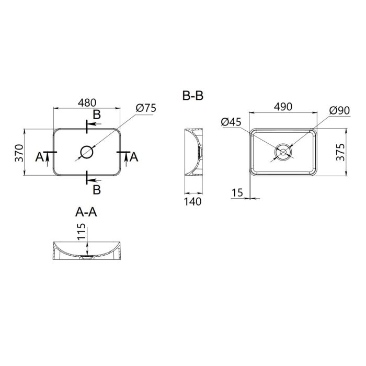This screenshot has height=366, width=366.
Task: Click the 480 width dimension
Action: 87,104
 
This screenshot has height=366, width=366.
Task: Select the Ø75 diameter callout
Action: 146,108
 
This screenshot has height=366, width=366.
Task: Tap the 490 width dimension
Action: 282,106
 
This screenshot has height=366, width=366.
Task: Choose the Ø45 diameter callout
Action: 231,122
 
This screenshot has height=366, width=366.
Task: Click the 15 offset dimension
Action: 237,192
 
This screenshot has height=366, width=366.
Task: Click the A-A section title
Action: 87,212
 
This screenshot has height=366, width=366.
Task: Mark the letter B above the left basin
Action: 97,115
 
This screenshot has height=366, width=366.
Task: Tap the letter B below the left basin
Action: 97,188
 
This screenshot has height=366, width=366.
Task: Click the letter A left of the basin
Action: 39,156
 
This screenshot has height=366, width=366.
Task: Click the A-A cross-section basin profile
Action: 87,253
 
